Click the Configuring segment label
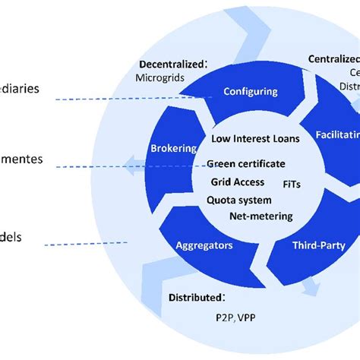(x=250, y=92)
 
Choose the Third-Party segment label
(x=318, y=245)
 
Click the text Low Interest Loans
(x=256, y=138)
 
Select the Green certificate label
(x=246, y=163)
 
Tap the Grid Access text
(x=238, y=182)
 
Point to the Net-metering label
(x=261, y=216)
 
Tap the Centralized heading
(x=333, y=58)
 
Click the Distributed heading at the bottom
(x=196, y=297)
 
